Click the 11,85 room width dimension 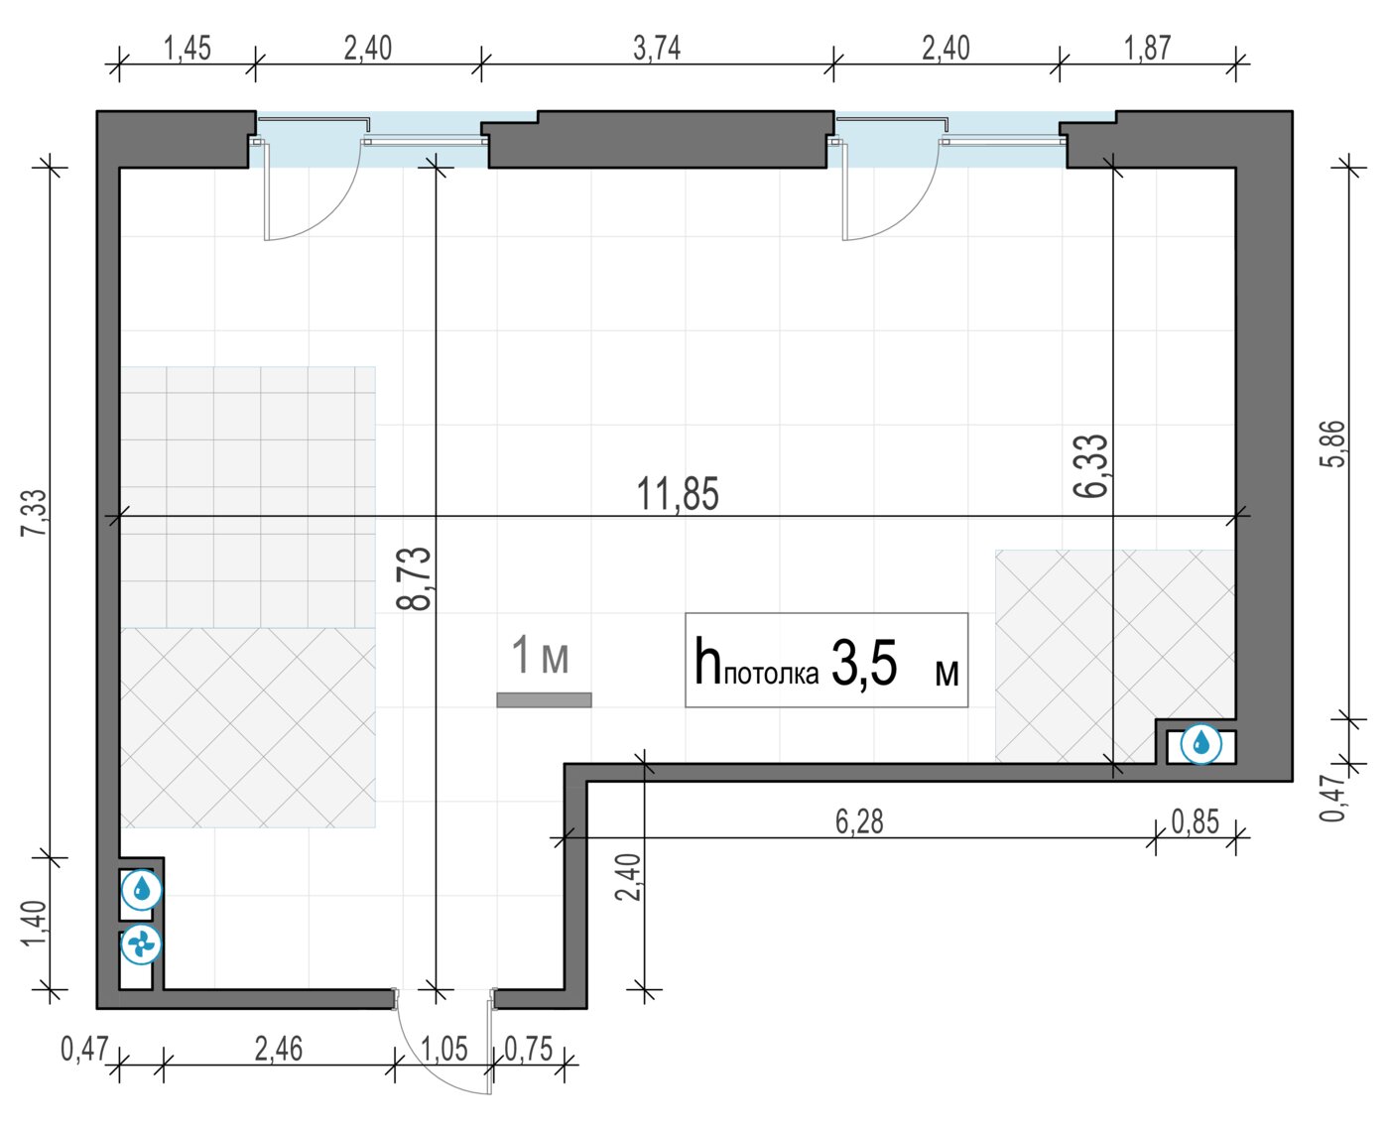(x=677, y=494)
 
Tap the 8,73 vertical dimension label (x=414, y=578)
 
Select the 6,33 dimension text (x=1090, y=466)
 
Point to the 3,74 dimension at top (x=657, y=49)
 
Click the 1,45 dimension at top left (x=188, y=49)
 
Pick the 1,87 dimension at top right (x=1147, y=49)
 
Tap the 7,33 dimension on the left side (x=35, y=513)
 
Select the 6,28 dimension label (x=859, y=822)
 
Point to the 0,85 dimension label (x=1195, y=822)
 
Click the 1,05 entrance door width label (x=444, y=1050)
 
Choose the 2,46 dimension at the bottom (x=279, y=1050)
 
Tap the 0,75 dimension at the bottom (x=529, y=1050)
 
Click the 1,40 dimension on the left (x=35, y=924)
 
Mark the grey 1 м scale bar (x=544, y=699)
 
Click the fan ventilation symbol (x=140, y=943)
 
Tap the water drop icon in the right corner (x=1200, y=743)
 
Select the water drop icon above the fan (x=142, y=889)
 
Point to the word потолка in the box (x=771, y=674)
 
